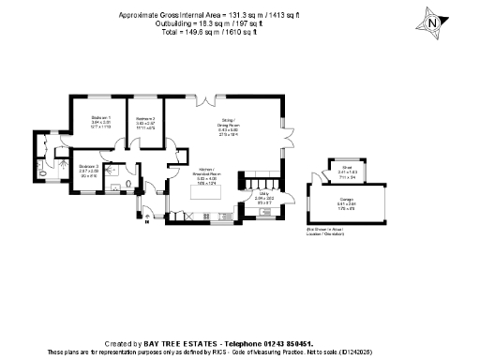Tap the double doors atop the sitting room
[x=216, y=97]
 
